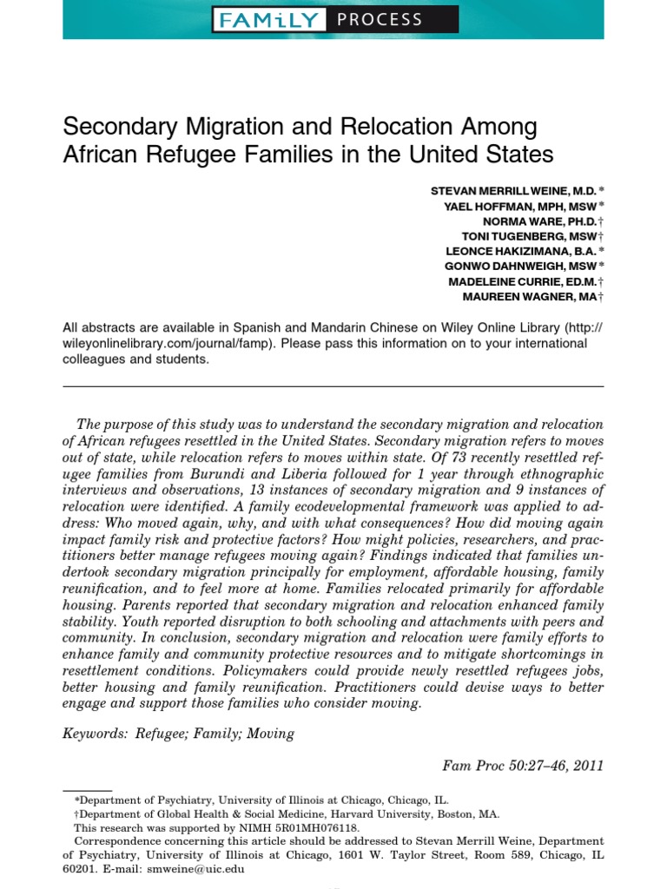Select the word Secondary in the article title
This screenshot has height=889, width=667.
[x=120, y=127]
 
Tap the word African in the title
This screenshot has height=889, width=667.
[x=99, y=155]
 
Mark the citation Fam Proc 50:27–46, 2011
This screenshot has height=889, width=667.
[x=523, y=766]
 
